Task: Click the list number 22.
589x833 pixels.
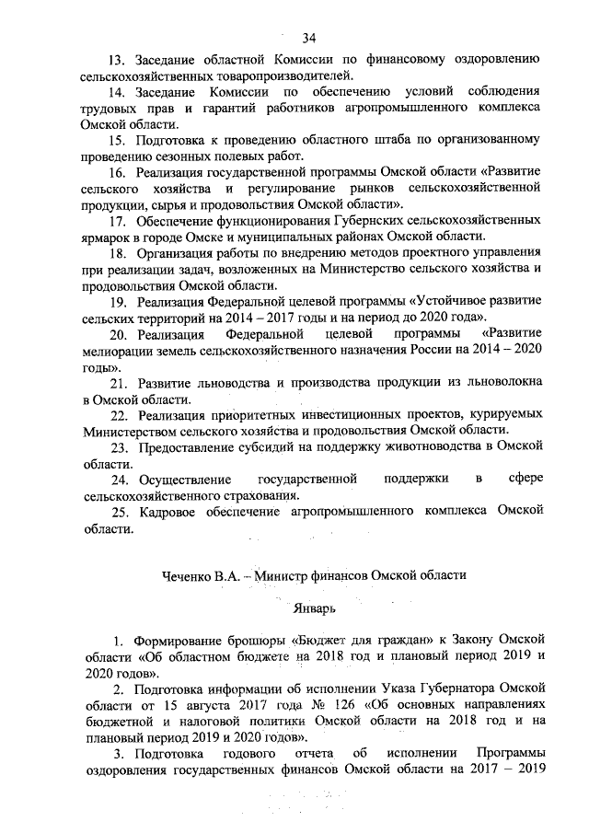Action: (x=119, y=414)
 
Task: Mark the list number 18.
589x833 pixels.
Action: (x=118, y=251)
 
